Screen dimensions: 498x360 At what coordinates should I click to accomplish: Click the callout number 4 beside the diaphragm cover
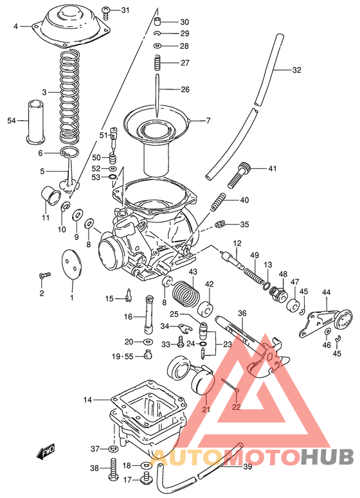click(16, 26)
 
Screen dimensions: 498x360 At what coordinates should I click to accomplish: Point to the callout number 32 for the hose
click(296, 70)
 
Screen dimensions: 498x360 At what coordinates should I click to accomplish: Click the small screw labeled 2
click(45, 275)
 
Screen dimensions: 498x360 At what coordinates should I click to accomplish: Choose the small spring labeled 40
click(219, 201)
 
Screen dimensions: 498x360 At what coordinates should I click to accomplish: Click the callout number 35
click(244, 224)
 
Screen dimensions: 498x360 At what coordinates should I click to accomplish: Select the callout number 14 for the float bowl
click(87, 400)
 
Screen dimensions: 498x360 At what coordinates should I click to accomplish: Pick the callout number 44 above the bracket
click(326, 293)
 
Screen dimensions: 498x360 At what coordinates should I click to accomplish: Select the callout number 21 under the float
click(206, 409)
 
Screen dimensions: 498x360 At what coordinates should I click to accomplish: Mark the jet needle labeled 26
click(157, 96)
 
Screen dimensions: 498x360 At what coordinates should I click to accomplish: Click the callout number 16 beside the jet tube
click(128, 317)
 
